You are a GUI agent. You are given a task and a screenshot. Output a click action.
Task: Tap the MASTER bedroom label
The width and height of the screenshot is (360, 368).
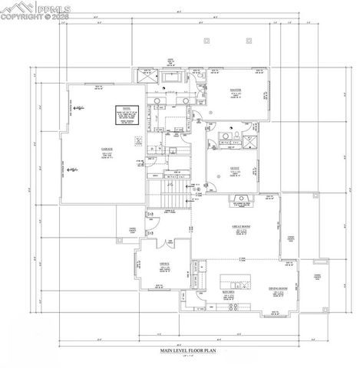tap(236, 90)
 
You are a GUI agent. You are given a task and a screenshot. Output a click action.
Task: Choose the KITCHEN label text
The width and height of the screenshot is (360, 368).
tap(230, 293)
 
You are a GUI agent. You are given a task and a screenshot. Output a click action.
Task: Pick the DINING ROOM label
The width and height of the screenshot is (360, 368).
tap(277, 289)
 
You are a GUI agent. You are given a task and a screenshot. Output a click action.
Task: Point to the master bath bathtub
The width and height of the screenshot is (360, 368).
tap(170, 77)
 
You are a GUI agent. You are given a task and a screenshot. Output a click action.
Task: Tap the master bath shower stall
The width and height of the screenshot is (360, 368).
tap(147, 77)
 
